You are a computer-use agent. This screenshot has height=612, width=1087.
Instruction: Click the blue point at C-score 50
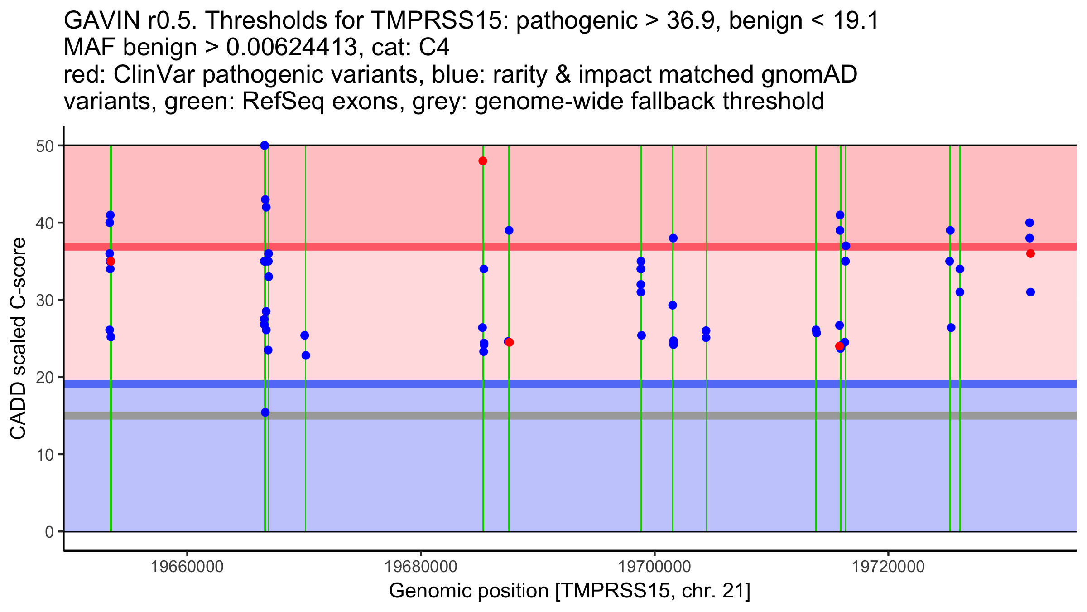tap(265, 146)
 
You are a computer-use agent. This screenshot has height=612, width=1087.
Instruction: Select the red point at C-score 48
tap(483, 161)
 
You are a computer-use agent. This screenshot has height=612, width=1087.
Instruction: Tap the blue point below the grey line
tap(265, 413)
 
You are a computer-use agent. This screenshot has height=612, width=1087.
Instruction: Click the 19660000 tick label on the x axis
tap(187, 567)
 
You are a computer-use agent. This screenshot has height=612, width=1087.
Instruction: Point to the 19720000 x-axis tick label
tap(888, 567)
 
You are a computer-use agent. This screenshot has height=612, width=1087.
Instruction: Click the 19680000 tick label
tap(421, 567)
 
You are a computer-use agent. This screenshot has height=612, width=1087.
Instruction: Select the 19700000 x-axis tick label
tap(654, 567)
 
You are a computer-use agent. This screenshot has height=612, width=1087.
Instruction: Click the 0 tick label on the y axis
tap(49, 532)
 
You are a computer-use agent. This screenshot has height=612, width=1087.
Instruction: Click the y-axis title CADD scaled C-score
tap(18, 339)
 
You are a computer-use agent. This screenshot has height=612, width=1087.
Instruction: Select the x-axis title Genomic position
tap(569, 591)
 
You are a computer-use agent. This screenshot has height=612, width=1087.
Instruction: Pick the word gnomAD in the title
tap(809, 75)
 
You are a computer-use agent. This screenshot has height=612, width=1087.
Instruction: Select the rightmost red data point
tap(1030, 253)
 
